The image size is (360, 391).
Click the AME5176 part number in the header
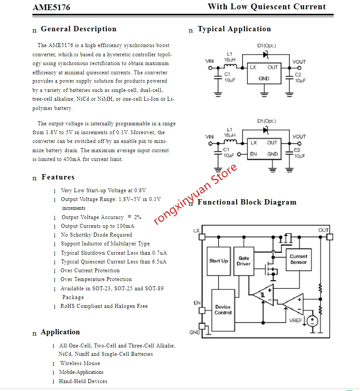(x=51, y=7)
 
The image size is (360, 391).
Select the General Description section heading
(x=78, y=29)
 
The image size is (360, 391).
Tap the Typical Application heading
(x=234, y=29)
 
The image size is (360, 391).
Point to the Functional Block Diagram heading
(x=247, y=202)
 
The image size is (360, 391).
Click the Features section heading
(x=58, y=177)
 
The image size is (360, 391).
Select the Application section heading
(x=60, y=332)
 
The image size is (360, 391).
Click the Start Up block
(x=218, y=261)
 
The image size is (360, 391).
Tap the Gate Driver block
(x=244, y=261)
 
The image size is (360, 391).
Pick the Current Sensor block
(x=298, y=259)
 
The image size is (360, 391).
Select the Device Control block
(x=223, y=310)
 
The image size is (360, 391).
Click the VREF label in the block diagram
(x=295, y=321)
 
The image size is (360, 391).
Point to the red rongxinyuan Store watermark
(x=196, y=194)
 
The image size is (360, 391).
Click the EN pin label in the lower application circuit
(x=254, y=154)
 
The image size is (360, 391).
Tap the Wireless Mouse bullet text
(x=80, y=363)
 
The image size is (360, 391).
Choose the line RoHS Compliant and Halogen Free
(x=104, y=306)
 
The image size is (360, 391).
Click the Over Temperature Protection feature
(x=96, y=279)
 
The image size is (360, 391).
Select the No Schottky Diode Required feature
(x=96, y=235)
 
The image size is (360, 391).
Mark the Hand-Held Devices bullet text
(x=83, y=381)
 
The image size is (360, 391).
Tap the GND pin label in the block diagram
(x=195, y=333)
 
